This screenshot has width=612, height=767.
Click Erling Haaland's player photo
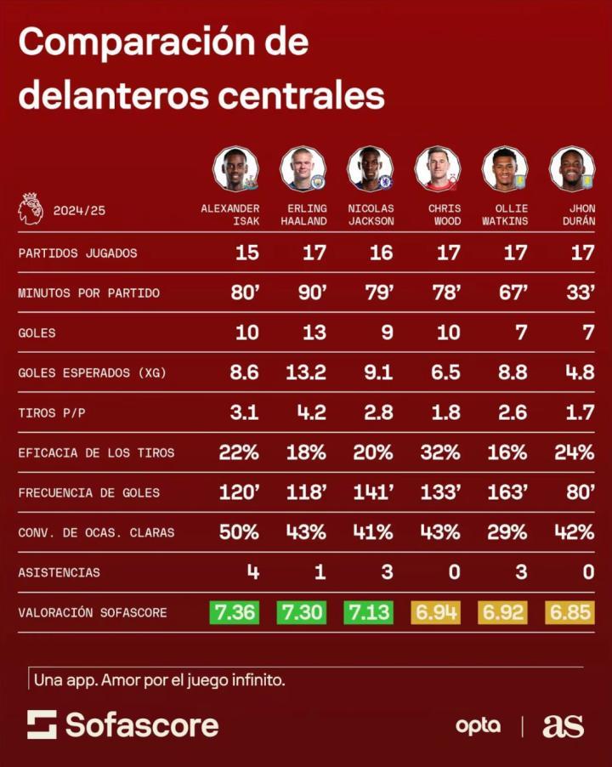302,168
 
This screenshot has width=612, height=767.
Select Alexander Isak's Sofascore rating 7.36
234,612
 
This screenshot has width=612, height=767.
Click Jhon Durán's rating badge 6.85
570,612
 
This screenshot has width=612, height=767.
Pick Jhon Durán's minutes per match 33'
581,293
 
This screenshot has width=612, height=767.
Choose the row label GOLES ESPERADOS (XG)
92,372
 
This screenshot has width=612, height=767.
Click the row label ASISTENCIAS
59,572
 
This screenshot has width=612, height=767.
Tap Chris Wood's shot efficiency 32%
440,452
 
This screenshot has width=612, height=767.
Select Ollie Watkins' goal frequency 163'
507,492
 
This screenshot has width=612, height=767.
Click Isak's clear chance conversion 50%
239,532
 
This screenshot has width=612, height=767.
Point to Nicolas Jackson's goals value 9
386,332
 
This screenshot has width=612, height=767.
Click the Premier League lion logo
30,208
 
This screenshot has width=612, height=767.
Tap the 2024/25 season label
78,210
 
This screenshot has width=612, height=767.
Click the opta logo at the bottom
478,725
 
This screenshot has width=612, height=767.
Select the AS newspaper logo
563,725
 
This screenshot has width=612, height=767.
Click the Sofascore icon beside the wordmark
42,724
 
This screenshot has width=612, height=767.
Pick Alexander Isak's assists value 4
252,572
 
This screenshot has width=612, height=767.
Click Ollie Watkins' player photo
504,168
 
